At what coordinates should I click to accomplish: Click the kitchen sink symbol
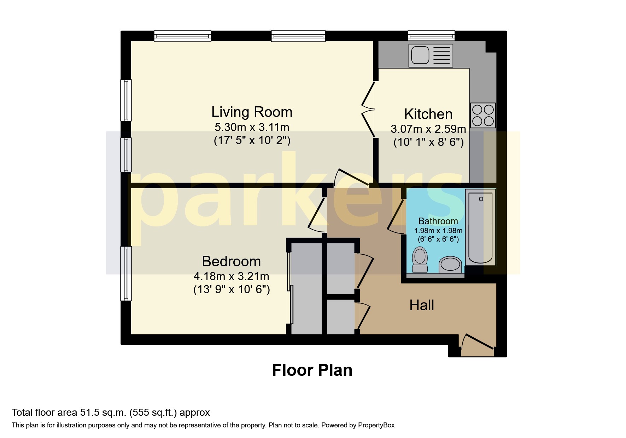tap(431, 55)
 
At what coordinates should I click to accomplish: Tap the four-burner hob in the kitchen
tap(483, 115)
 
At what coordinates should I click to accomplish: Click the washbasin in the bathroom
tap(450, 264)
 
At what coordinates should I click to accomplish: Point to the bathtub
tap(480, 227)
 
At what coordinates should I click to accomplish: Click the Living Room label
tap(252, 112)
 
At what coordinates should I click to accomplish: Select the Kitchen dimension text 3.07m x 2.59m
tap(428, 129)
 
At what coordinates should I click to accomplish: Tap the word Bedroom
tap(231, 261)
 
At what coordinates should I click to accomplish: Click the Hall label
tap(421, 305)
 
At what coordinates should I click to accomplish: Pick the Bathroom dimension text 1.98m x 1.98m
tap(438, 231)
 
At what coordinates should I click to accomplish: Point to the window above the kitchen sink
tap(431, 35)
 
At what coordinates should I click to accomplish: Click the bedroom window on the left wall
tap(126, 274)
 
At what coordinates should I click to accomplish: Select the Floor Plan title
tap(312, 370)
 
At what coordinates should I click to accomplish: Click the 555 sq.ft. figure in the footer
tap(153, 412)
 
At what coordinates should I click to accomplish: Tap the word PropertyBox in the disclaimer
tap(376, 425)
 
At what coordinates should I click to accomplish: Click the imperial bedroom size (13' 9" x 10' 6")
tap(232, 290)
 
